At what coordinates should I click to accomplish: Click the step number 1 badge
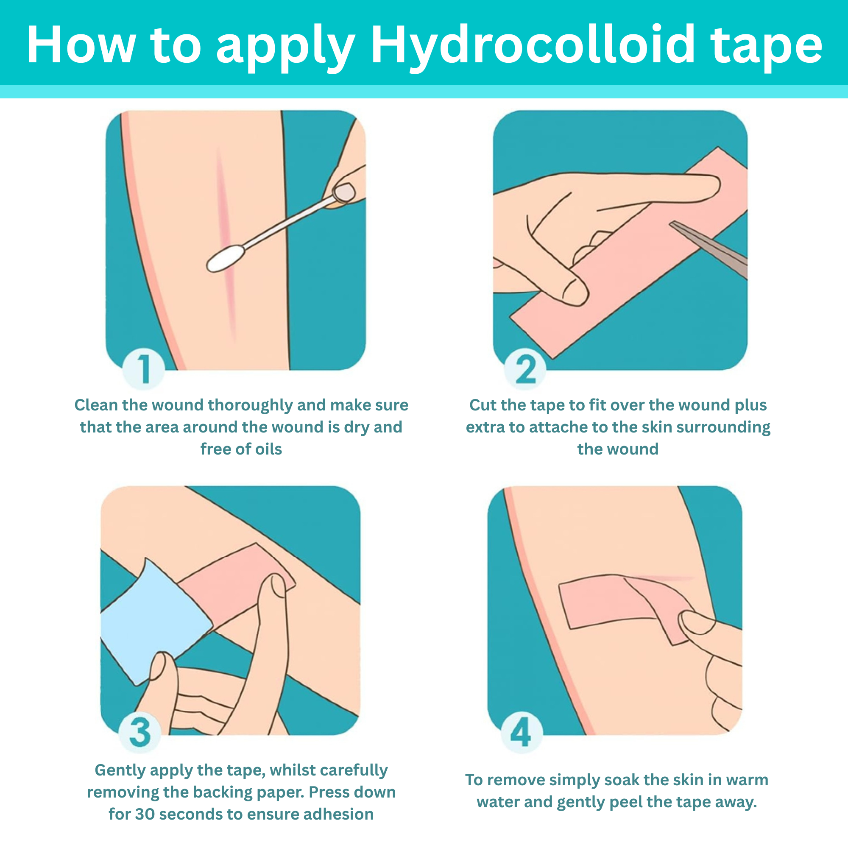[x=144, y=369]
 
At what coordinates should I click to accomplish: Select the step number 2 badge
[x=525, y=369]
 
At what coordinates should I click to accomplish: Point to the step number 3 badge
[x=140, y=732]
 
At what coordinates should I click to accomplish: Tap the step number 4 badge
[x=522, y=732]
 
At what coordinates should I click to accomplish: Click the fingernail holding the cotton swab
[x=344, y=192]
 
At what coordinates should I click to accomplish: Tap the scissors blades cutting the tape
[x=708, y=249]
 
